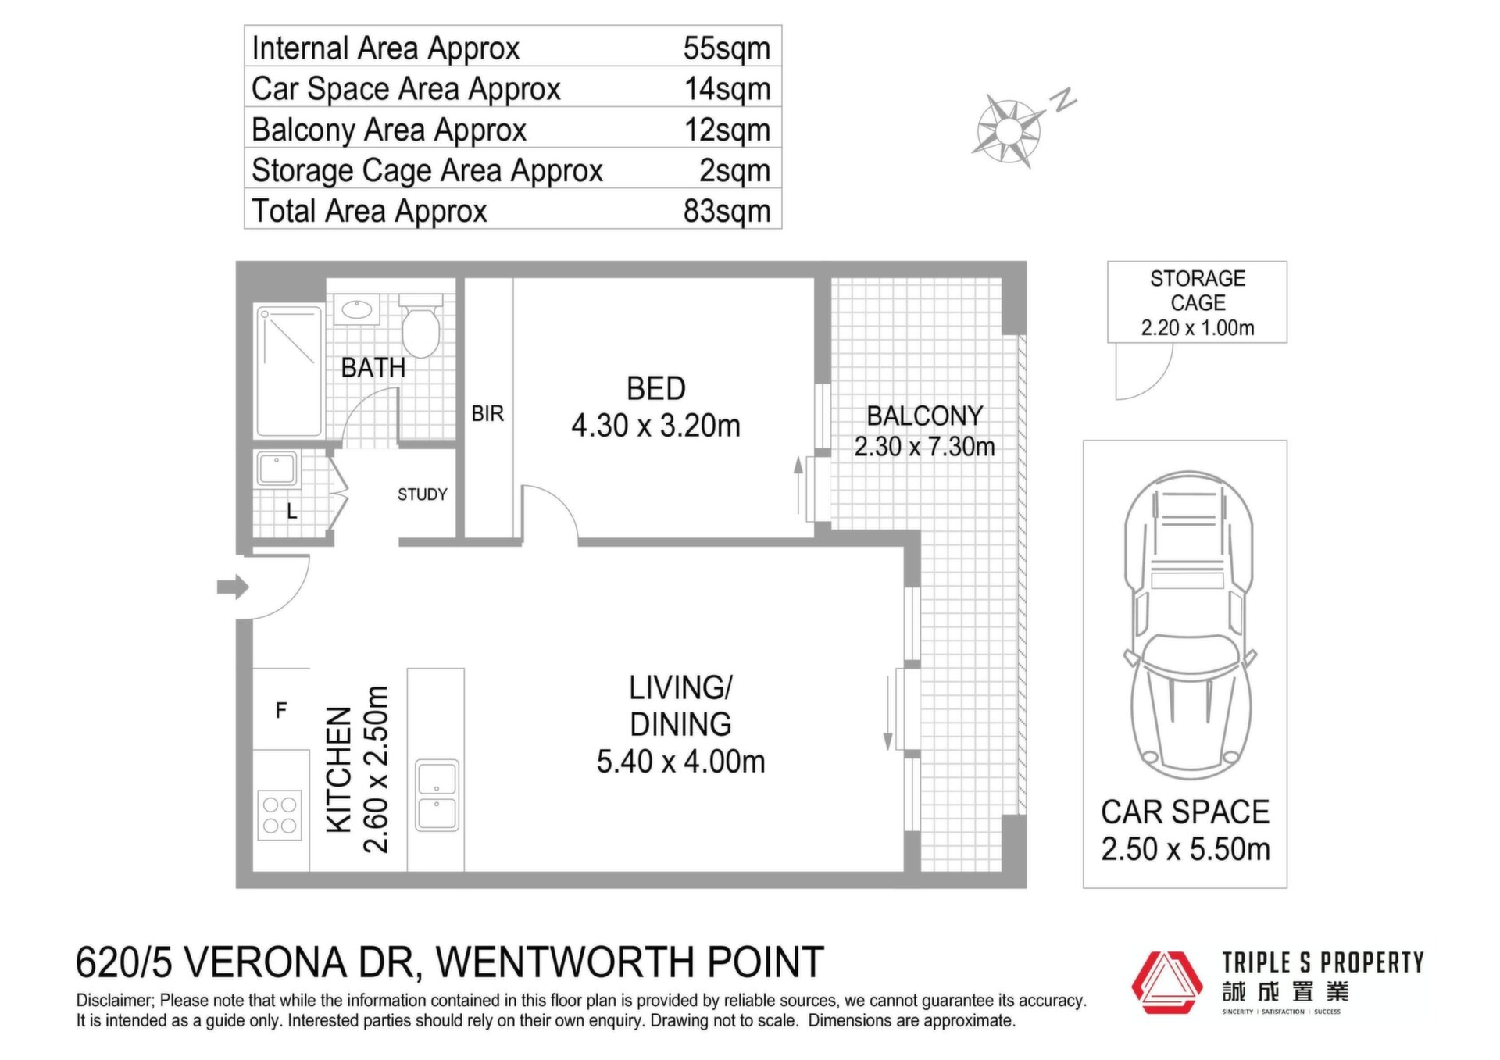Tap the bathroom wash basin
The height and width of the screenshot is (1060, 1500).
pos(357,309)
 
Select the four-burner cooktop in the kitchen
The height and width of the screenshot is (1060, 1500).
pos(280,815)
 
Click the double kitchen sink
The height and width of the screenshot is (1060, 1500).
pos(437,795)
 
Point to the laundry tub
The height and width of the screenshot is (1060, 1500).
pos(277,469)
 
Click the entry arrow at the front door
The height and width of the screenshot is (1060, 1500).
pos(233,587)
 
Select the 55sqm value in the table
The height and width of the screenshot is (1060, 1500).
pos(727,48)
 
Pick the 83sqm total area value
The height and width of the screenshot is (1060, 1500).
pos(727,211)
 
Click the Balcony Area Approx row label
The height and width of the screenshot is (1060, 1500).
pos(389,130)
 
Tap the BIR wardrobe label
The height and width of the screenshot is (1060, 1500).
pos(487,413)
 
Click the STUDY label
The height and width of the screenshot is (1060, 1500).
pos(423,494)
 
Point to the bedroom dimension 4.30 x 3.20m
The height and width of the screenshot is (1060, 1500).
pos(655,426)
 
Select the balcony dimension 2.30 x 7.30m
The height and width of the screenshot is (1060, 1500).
pos(924,447)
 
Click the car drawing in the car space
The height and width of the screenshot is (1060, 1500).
pos(1188,625)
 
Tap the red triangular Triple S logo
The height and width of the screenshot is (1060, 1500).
pos(1167,982)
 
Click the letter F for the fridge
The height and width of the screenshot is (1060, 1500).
pos(281,710)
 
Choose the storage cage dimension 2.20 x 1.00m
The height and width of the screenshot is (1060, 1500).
pos(1198,328)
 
